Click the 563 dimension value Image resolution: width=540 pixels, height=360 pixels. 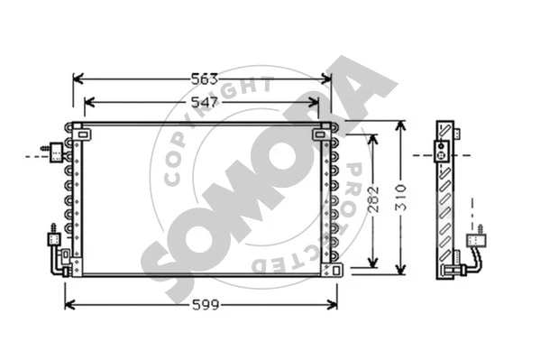205,79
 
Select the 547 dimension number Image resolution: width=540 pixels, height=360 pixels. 205,102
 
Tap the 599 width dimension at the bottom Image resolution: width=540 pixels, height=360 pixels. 206,305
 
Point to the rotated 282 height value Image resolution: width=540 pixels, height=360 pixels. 373,199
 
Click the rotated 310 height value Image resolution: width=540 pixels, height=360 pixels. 401,198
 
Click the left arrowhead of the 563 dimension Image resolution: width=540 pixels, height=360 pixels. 78,79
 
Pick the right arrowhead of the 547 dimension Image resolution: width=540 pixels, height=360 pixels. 314,102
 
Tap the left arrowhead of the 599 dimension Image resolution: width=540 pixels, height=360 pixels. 70,305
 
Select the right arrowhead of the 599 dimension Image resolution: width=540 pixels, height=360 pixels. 333,305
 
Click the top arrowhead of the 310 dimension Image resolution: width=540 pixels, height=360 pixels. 400,125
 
